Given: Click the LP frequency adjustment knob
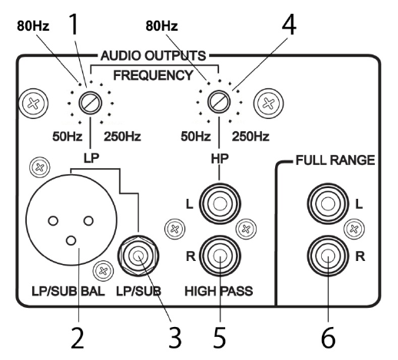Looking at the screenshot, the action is pyautogui.click(x=90, y=103).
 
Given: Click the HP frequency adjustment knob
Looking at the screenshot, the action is pyautogui.click(x=219, y=102).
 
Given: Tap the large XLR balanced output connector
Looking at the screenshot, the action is pyautogui.click(x=71, y=220).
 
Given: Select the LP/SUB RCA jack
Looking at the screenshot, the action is pyautogui.click(x=138, y=256).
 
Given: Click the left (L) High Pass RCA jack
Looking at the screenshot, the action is pyautogui.click(x=220, y=204).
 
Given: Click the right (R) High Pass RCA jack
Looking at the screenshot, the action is pyautogui.click(x=220, y=256).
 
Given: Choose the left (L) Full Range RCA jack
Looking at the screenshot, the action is pyautogui.click(x=328, y=204).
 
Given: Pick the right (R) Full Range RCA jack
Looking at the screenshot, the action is pyautogui.click(x=328, y=256).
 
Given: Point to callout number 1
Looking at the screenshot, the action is pyautogui.click(x=74, y=25).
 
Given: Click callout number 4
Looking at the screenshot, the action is pyautogui.click(x=289, y=25).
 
